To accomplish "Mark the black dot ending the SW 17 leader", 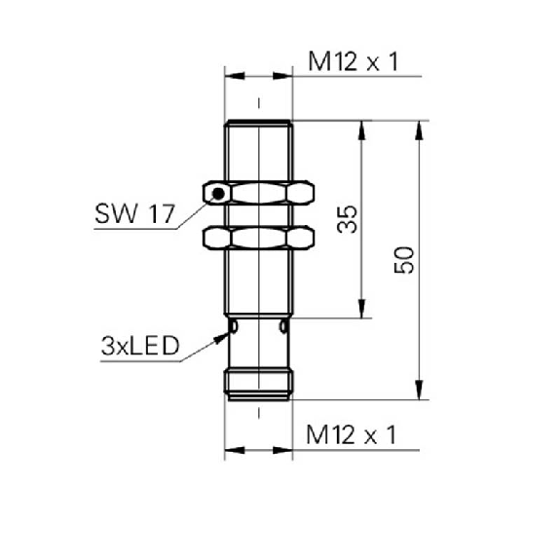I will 219,195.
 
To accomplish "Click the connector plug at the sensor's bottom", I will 258,382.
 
